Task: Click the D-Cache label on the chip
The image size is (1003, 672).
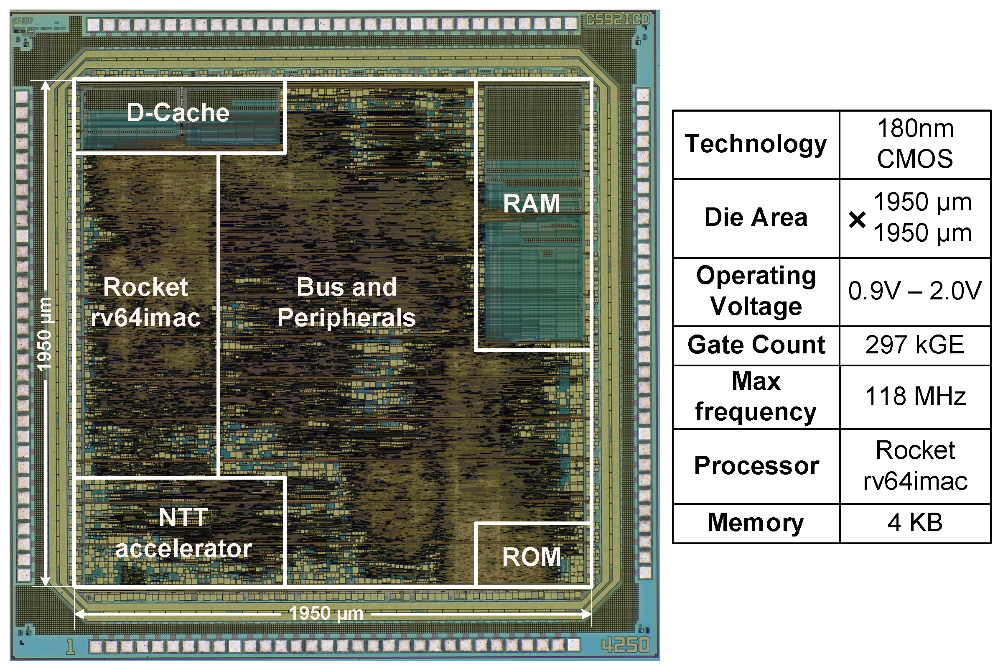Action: point(178,113)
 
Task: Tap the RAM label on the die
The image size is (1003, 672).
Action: point(532,204)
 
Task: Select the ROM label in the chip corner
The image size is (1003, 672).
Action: point(532,557)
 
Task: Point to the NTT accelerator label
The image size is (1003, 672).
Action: point(183,533)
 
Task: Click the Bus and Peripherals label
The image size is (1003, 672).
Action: point(346,302)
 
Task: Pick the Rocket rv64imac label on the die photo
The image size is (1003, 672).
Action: point(145,302)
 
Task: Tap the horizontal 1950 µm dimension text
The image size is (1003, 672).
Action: point(326,613)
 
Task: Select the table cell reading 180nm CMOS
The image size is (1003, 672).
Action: point(915,143)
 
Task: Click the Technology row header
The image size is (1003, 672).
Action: point(756,143)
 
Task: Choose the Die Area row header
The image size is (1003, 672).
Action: point(756,217)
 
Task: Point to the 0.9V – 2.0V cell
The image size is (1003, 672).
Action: point(915,291)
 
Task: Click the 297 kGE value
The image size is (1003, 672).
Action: point(915,345)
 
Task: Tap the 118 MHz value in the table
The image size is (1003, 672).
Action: point(915,396)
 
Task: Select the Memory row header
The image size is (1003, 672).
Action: point(756,522)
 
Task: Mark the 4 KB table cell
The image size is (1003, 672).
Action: point(915,522)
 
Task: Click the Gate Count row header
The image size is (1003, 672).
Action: point(756,345)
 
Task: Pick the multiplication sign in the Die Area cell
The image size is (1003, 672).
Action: point(858,220)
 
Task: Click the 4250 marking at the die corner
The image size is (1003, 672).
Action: point(626,644)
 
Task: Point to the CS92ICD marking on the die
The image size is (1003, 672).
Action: point(618,20)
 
